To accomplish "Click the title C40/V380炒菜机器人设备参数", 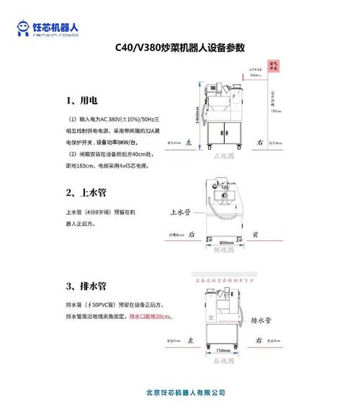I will (180, 48).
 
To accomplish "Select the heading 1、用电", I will (81, 100).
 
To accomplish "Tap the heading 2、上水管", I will (86, 192).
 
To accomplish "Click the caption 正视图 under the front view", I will (225, 154).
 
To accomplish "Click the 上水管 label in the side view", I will (179, 213).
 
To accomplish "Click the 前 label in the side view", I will (256, 235).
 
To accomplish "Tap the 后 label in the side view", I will (192, 235).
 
